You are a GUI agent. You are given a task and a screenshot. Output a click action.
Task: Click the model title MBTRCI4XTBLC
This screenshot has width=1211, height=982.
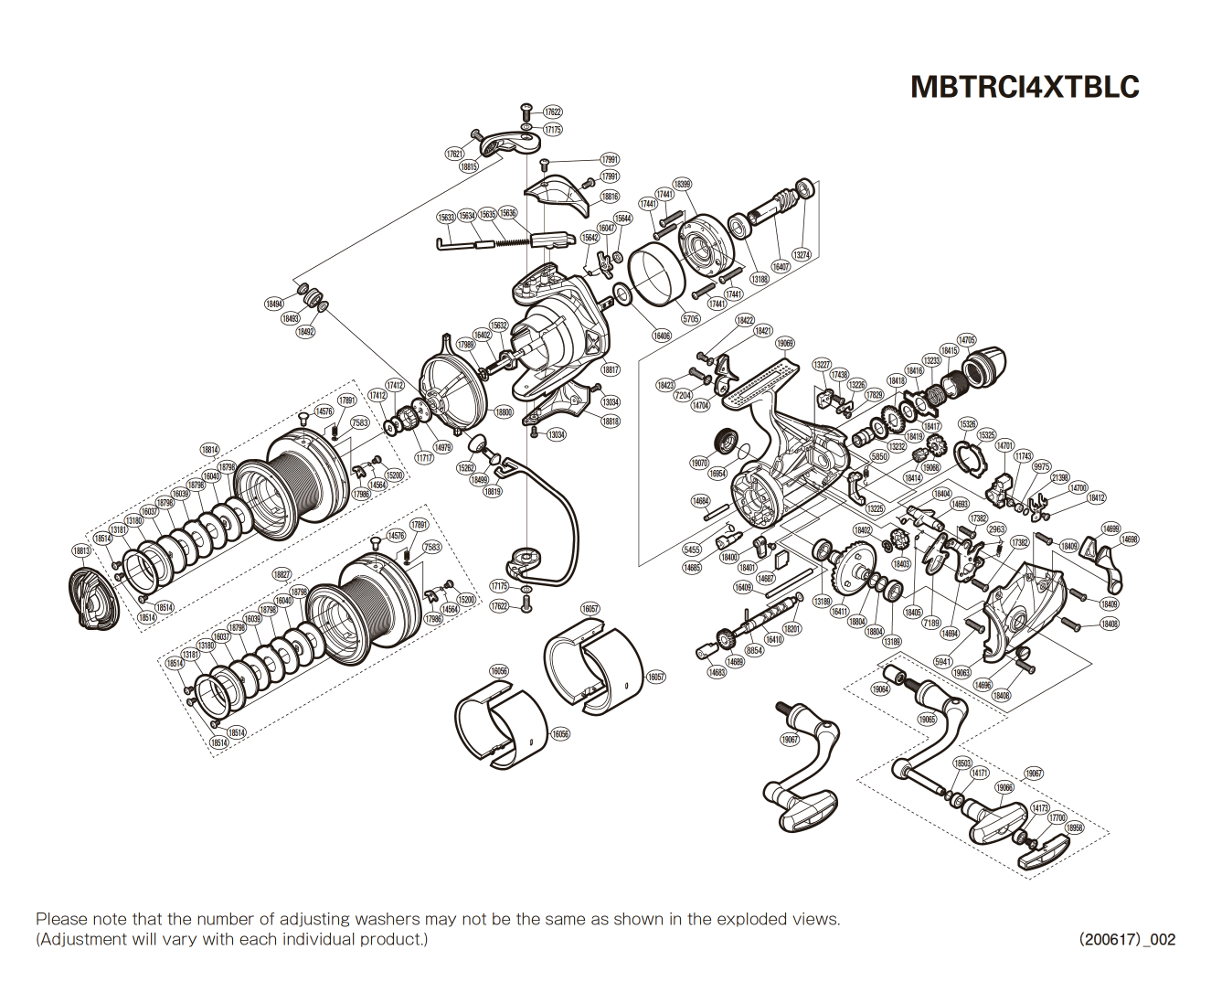[x=1025, y=87]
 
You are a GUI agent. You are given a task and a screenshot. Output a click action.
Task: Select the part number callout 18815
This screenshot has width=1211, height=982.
[x=469, y=167]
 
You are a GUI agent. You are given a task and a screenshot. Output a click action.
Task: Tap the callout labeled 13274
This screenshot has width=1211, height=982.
[x=802, y=255]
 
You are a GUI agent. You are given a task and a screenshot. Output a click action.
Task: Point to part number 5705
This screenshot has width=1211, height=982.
[x=691, y=319]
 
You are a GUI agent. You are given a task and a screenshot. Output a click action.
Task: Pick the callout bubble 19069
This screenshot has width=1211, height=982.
[x=785, y=344]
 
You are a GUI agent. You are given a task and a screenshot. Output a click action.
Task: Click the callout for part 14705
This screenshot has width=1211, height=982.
[x=966, y=340]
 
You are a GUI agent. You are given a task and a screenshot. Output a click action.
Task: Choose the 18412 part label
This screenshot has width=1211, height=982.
[x=1096, y=498]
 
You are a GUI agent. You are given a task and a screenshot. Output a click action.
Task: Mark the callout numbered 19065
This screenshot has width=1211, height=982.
[x=927, y=720]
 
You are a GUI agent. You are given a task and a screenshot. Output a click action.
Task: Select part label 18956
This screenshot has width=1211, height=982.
[x=1075, y=827]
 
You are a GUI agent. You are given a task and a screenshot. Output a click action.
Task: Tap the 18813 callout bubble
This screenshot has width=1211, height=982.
[x=82, y=551]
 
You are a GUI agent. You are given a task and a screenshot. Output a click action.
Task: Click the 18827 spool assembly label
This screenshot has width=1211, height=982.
[x=282, y=575]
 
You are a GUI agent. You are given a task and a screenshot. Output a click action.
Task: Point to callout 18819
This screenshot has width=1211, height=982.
[x=493, y=491]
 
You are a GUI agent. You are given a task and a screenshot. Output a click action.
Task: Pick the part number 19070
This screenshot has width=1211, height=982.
[x=699, y=464]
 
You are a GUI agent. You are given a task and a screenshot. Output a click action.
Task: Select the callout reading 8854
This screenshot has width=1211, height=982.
[x=754, y=650]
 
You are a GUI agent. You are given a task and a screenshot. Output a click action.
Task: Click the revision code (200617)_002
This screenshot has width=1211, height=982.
[x=1127, y=939]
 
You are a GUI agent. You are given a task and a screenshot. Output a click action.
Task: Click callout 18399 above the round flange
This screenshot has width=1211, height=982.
[x=682, y=184]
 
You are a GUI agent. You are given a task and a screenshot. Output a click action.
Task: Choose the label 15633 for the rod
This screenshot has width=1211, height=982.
[x=445, y=218]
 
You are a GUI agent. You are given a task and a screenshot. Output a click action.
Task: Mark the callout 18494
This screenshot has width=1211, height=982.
[x=274, y=304]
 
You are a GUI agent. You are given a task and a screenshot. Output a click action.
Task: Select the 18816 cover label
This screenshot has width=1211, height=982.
[x=610, y=197]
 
